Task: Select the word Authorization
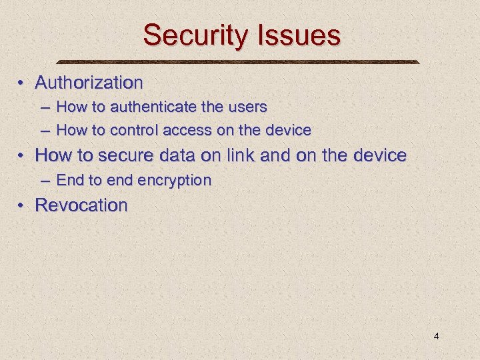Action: pos(89,83)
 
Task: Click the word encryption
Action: pos(175,180)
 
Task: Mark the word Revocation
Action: pos(81,205)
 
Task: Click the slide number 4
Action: pos(436,336)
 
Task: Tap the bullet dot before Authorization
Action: pos(22,84)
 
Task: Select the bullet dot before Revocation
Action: pos(22,205)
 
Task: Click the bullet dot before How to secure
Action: pos(22,156)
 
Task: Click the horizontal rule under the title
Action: pos(239,62)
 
